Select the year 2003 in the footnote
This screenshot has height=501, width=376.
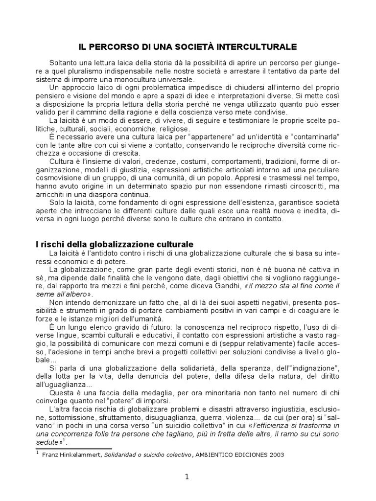point(274,454)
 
